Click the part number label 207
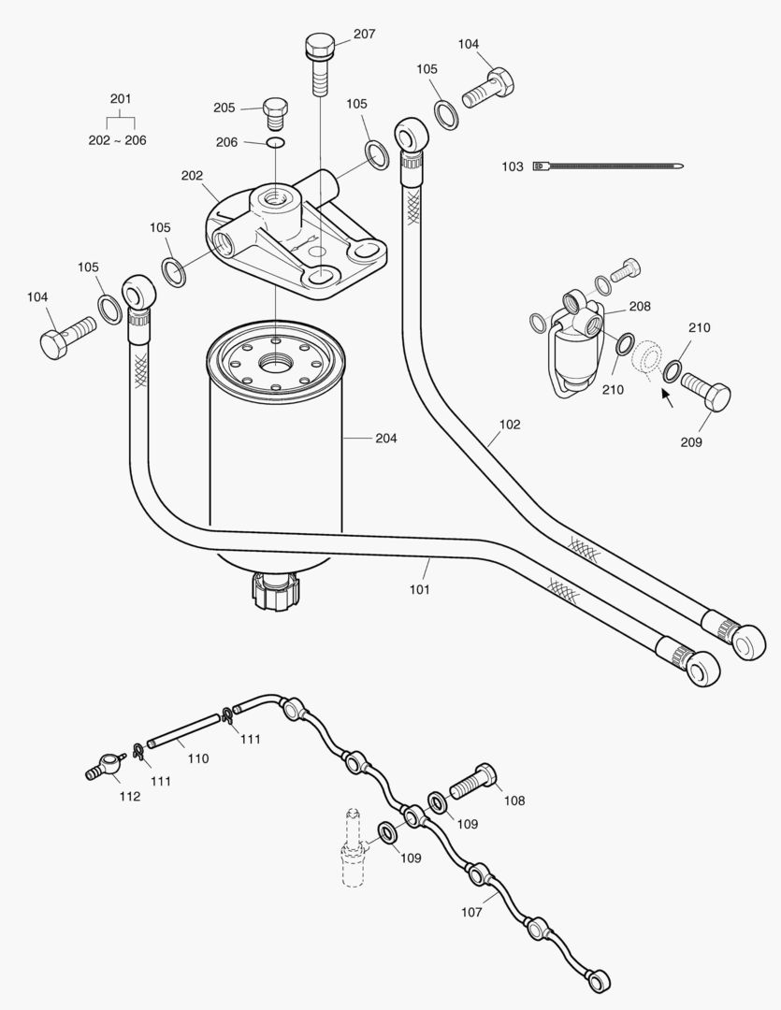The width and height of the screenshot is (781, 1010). point(364,35)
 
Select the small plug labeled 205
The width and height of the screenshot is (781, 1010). point(275,113)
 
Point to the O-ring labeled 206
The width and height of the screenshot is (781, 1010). point(275,142)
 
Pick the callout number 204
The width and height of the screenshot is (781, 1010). point(386,438)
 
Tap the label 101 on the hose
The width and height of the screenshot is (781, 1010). point(419,589)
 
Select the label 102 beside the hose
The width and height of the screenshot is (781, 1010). point(509,425)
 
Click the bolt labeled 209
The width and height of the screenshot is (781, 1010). point(706,392)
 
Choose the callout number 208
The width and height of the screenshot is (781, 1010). point(640,307)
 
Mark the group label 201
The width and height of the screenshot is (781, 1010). point(121,98)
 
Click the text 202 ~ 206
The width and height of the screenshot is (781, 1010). point(117,140)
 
